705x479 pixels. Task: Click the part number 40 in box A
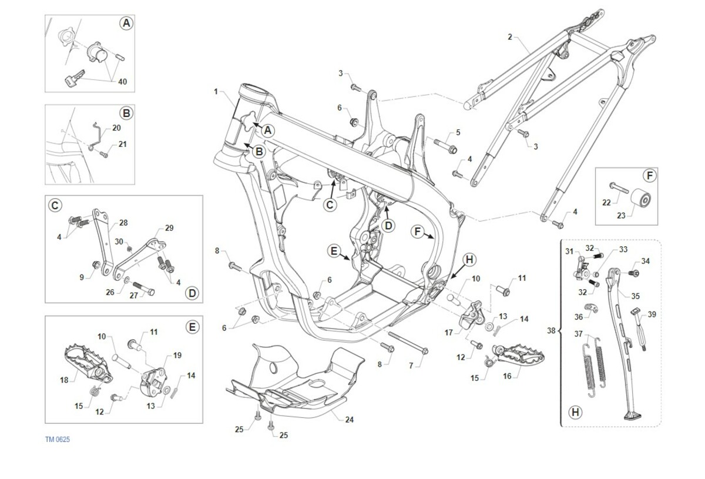pyautogui.click(x=122, y=82)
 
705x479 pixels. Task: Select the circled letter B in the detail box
pyautogui.click(x=126, y=113)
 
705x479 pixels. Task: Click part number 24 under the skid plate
pyautogui.click(x=350, y=420)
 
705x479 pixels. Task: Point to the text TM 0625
pyautogui.click(x=58, y=440)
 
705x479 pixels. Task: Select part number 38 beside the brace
pyautogui.click(x=550, y=331)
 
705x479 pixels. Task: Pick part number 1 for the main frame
pyautogui.click(x=216, y=92)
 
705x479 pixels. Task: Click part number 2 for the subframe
pyautogui.click(x=510, y=36)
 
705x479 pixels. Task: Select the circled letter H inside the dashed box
pyautogui.click(x=576, y=412)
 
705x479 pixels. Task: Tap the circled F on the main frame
pyautogui.click(x=417, y=232)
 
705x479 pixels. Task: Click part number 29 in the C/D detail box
pyautogui.click(x=169, y=227)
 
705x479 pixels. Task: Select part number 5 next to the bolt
pyautogui.click(x=458, y=132)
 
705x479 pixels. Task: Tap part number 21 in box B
pyautogui.click(x=122, y=143)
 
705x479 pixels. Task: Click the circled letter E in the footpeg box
pyautogui.click(x=192, y=327)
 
